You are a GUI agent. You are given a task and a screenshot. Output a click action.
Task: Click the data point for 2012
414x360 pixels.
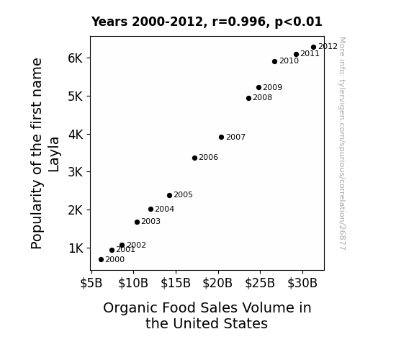313,48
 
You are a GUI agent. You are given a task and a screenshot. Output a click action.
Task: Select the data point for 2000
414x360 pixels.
101,260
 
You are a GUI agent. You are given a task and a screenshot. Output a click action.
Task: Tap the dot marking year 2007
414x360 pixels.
222,137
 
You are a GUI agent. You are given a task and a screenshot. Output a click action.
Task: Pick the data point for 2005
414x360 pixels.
169,195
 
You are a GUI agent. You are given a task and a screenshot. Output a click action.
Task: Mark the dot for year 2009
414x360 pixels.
258,87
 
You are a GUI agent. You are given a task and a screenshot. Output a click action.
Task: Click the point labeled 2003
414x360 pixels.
137,222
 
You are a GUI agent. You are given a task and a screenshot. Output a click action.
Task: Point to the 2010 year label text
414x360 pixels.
289,60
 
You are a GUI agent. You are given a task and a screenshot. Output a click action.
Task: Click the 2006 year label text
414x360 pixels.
209,157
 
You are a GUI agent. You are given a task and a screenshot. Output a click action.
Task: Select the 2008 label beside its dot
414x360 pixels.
263,97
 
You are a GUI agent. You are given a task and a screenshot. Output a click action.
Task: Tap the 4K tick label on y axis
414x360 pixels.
76,135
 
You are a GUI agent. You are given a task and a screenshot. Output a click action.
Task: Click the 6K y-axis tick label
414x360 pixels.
76,58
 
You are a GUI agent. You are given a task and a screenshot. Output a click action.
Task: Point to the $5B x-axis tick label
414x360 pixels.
91,283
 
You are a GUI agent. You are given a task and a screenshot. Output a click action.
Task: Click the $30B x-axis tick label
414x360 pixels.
302,283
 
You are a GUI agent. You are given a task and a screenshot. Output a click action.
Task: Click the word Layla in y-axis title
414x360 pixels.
54,154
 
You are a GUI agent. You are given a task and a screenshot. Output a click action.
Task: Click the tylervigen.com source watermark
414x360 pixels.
342,143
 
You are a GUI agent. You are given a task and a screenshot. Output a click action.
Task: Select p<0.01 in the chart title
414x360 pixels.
299,22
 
